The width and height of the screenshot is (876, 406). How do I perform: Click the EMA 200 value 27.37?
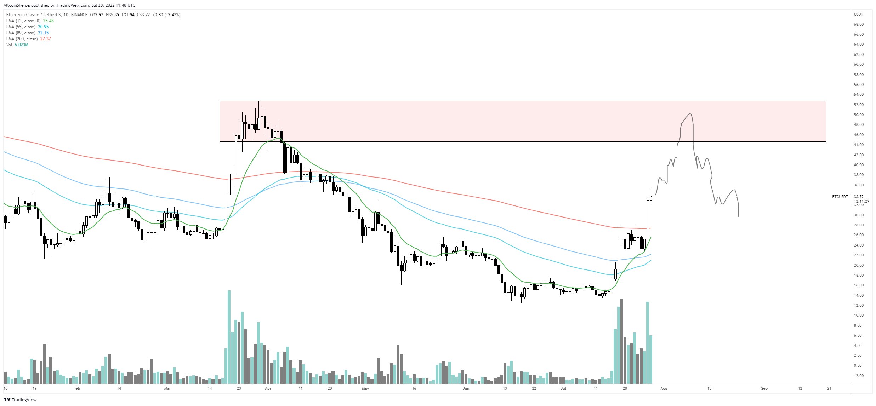[45, 39]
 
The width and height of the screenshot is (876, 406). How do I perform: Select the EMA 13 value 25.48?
[48, 21]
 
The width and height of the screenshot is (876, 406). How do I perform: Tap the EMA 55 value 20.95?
[43, 27]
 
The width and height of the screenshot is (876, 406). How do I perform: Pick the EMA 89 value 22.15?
[43, 33]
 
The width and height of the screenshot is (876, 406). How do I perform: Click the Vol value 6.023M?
[21, 45]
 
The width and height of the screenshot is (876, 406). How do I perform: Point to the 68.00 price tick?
[859, 24]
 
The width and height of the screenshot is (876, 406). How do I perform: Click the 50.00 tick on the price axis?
[859, 115]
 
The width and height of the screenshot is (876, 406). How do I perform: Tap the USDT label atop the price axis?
[858, 14]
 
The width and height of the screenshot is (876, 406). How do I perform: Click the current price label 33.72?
[859, 197]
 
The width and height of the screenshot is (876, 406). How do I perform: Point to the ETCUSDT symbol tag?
[840, 197]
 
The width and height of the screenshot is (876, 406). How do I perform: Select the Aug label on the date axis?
[664, 388]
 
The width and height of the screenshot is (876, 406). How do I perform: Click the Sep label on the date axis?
[764, 388]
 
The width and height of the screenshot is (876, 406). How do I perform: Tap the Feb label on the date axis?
[76, 388]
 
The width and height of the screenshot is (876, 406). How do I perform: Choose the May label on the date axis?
[365, 388]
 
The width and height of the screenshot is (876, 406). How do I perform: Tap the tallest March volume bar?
[229, 336]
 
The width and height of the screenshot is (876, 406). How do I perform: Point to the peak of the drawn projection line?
[690, 114]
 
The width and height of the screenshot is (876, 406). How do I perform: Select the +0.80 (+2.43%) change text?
[166, 15]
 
